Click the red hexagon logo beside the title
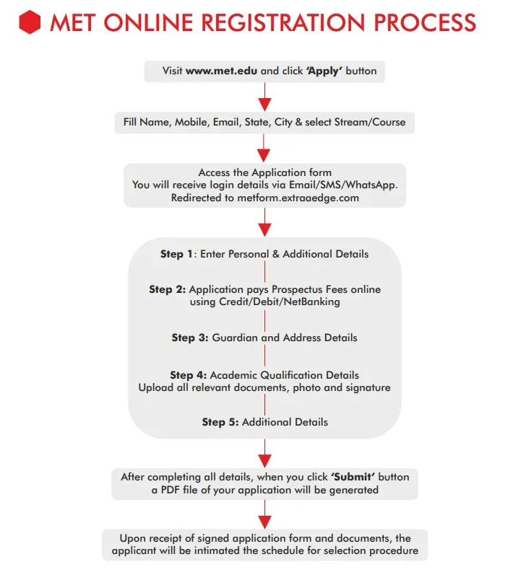pos(30,23)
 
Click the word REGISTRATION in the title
pos(272,23)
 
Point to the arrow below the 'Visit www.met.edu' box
pos(264,96)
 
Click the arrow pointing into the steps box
pos(264,224)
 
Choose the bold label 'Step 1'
pos(176,254)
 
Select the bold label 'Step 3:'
pos(190,338)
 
